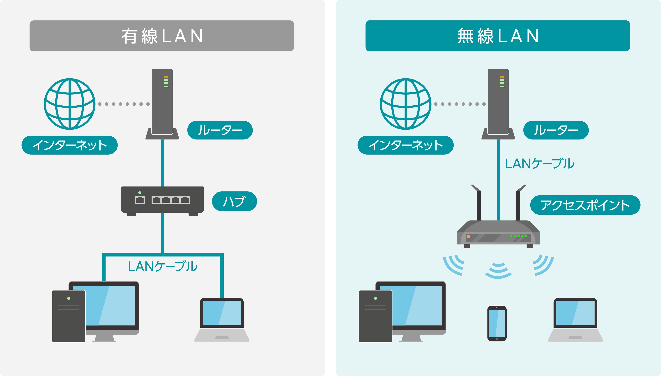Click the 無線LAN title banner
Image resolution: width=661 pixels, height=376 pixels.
pyautogui.click(x=497, y=36)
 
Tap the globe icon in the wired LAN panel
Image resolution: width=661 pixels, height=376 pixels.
pyautogui.click(x=70, y=104)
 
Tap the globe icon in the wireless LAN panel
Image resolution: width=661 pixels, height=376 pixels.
pyautogui.click(x=405, y=104)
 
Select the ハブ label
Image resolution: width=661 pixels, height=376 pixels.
pyautogui.click(x=234, y=201)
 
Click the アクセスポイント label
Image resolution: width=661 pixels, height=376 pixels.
pyautogui.click(x=585, y=205)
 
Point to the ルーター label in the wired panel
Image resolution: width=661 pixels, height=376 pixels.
pyautogui.click(x=220, y=130)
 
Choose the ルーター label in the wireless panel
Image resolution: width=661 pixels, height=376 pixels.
pyautogui.click(x=556, y=130)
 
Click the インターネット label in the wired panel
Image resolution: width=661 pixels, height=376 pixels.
pyautogui.click(x=70, y=145)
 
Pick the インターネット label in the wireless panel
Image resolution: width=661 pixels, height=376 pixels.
pyautogui.click(x=405, y=145)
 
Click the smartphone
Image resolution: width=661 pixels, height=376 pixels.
pyautogui.click(x=497, y=323)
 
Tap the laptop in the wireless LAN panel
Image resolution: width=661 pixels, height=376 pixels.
pyautogui.click(x=575, y=320)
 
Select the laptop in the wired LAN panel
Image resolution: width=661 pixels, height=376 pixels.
pyautogui.click(x=222, y=320)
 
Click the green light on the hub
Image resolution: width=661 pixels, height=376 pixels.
pyautogui.click(x=140, y=193)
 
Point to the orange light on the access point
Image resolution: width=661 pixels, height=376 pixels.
pyautogui.click(x=469, y=236)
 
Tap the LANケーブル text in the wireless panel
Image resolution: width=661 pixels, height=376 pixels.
pyautogui.click(x=539, y=164)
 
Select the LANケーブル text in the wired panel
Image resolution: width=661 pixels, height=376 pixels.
pyautogui.click(x=163, y=266)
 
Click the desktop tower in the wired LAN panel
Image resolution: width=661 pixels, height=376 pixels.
pyautogui.click(x=69, y=316)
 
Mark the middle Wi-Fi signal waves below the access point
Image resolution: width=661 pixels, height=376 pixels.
pyautogui.click(x=498, y=271)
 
